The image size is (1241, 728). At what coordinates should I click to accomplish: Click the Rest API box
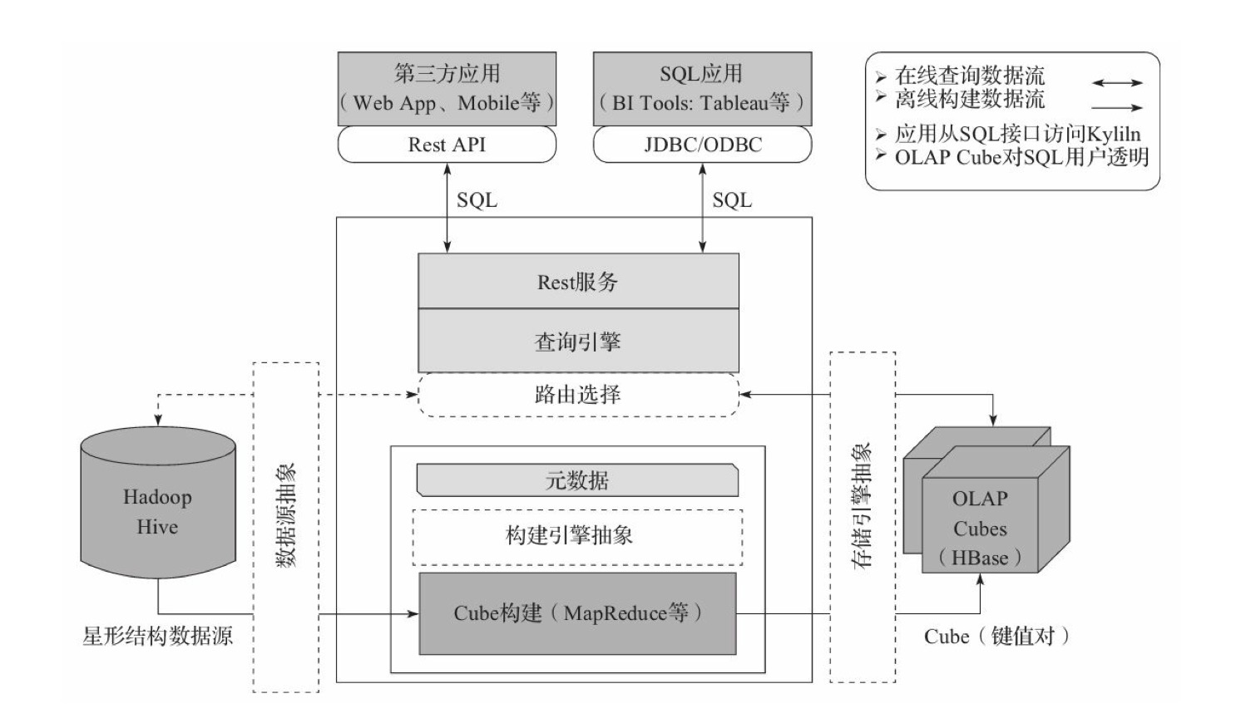[x=447, y=145]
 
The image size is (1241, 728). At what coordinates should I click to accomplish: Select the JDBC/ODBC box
[x=703, y=145]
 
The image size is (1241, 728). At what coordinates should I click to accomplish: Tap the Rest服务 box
[x=578, y=281]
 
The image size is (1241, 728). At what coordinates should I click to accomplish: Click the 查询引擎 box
[x=578, y=341]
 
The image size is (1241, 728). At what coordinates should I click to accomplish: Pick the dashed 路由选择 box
[x=578, y=395]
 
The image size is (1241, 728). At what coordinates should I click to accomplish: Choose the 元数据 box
[x=577, y=480]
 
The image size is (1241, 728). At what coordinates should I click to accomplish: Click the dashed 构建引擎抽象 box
[x=577, y=537]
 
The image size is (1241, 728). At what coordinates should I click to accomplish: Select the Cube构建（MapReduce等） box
[x=578, y=613]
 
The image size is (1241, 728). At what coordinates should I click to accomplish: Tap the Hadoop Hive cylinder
[x=158, y=503]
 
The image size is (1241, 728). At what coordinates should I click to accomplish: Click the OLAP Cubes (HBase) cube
[x=986, y=500]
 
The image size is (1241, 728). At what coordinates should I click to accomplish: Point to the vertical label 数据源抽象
[x=286, y=516]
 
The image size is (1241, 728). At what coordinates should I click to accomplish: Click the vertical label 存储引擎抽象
[x=862, y=506]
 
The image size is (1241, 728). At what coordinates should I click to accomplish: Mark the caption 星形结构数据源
[x=157, y=636]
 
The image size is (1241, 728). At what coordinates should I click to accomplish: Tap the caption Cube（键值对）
[x=996, y=636]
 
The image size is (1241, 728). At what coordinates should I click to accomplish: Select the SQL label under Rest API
[x=477, y=199]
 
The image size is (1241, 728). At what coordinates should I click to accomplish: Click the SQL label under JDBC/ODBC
[x=732, y=199]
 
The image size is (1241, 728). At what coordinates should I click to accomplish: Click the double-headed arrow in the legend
[x=1117, y=83]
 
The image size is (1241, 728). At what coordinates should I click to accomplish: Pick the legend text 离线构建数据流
[x=970, y=100]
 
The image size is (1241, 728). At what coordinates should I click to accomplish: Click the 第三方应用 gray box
[x=447, y=89]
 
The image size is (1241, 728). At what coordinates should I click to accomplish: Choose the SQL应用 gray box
[x=703, y=89]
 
